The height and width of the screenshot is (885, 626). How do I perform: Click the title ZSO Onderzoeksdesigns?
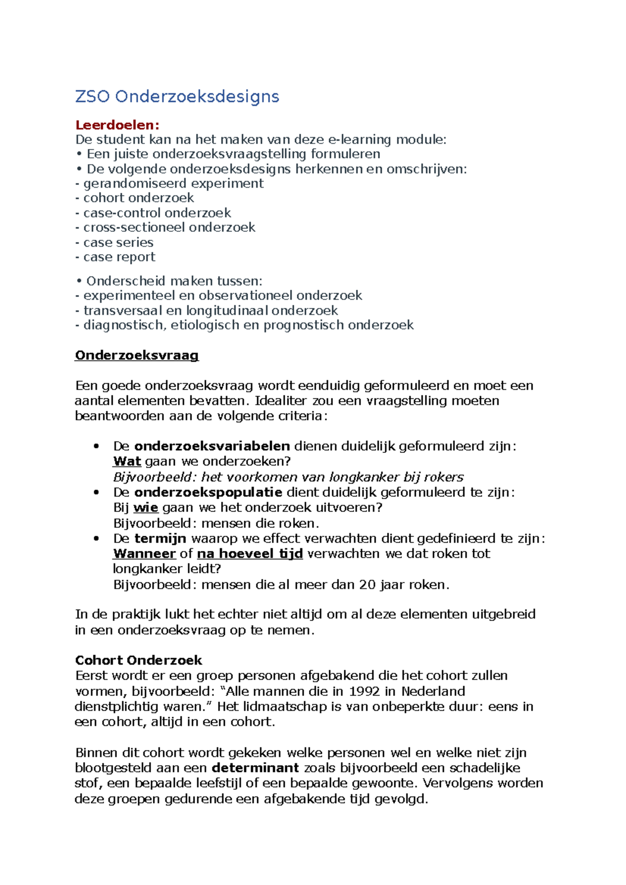[x=177, y=96]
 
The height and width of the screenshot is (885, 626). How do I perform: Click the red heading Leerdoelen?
[x=117, y=125]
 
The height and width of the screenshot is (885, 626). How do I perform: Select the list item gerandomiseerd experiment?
[x=173, y=183]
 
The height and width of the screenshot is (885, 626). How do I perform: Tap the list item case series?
[x=118, y=242]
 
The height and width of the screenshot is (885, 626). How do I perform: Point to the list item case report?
[x=119, y=257]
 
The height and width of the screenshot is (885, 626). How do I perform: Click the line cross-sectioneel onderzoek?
[x=169, y=227]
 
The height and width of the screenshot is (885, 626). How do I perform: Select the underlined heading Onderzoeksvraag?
[x=137, y=355]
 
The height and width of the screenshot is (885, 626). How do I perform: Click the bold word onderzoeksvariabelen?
[x=212, y=446]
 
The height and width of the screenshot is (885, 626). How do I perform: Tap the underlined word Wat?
[x=127, y=461]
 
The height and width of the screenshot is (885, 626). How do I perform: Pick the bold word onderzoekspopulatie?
[x=208, y=492]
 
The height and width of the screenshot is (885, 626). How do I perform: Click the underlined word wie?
[x=146, y=508]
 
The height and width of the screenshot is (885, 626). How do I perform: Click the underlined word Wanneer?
[x=145, y=554]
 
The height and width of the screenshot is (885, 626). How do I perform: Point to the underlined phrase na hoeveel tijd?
[x=250, y=554]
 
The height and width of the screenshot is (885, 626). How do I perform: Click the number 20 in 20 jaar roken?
[x=367, y=585]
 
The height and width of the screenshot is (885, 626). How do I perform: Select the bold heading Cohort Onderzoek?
[x=138, y=660]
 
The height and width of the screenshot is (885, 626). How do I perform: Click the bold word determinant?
[x=255, y=768]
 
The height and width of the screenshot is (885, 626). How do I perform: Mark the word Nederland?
[x=433, y=692]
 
